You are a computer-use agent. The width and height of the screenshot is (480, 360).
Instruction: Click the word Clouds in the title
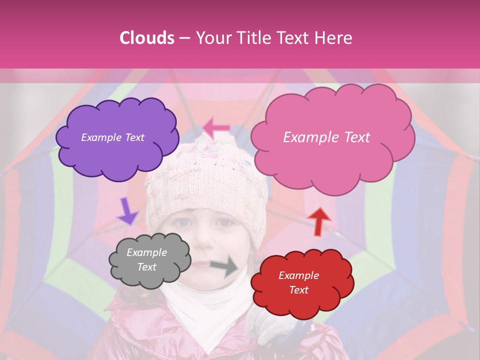click(x=147, y=38)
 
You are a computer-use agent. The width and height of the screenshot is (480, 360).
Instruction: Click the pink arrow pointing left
click(x=216, y=128)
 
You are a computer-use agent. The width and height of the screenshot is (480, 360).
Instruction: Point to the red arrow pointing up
click(x=319, y=220)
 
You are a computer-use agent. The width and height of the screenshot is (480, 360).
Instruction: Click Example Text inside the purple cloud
click(x=112, y=137)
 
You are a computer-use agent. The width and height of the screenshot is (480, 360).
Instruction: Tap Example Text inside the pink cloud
click(x=326, y=137)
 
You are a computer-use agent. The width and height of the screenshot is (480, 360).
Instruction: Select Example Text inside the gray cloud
click(x=146, y=259)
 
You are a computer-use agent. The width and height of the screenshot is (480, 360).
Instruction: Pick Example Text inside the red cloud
click(x=298, y=282)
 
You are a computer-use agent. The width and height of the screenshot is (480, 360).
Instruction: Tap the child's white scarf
click(x=210, y=310)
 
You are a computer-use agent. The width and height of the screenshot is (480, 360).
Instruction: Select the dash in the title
click(x=184, y=38)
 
